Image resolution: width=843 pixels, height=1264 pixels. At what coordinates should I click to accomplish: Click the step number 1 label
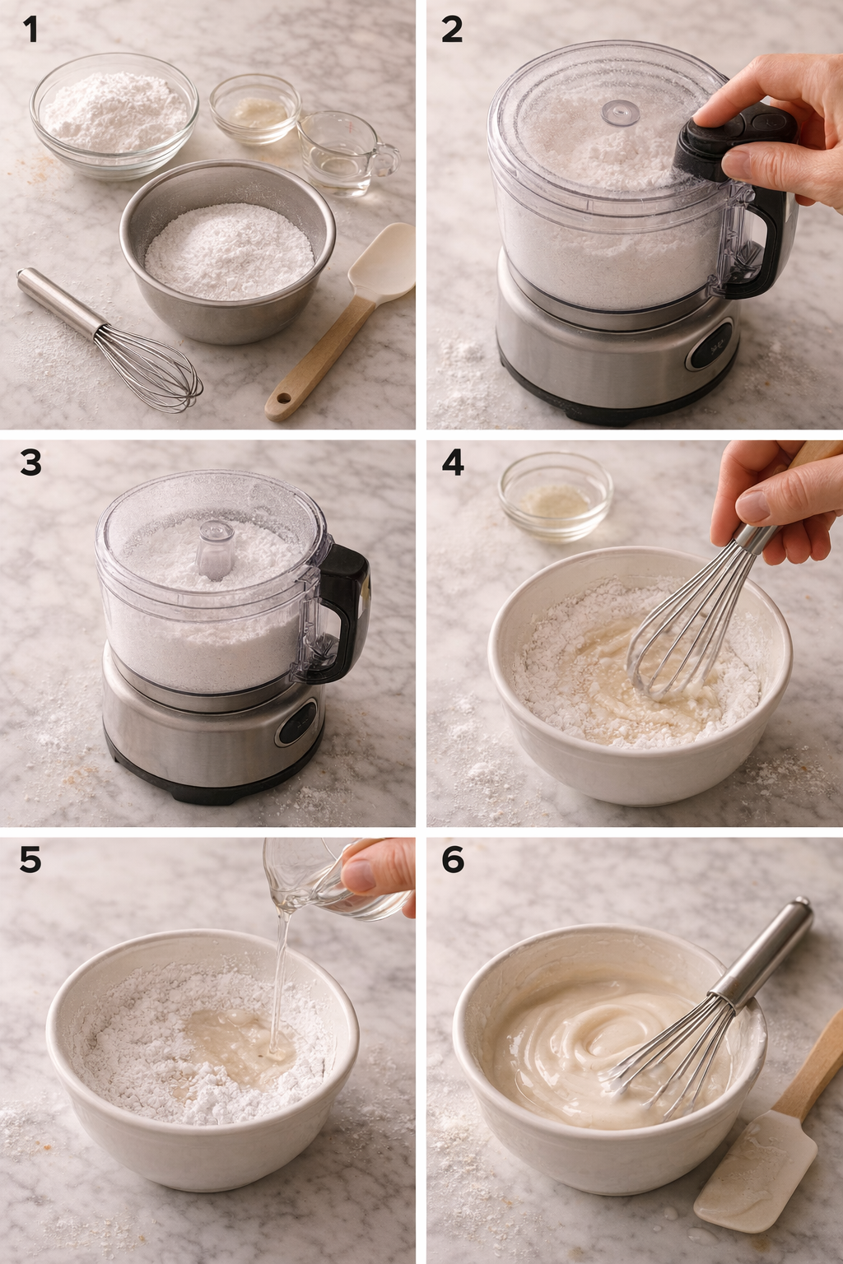pyautogui.click(x=30, y=30)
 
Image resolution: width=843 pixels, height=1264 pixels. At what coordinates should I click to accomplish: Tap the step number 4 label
pyautogui.click(x=453, y=463)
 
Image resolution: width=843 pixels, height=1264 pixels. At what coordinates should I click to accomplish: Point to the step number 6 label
pyautogui.click(x=453, y=860)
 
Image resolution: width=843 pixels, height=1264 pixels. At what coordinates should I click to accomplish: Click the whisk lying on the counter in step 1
pyautogui.click(x=115, y=342)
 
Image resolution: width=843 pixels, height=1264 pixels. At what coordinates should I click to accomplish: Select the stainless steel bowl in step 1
pyautogui.click(x=228, y=251)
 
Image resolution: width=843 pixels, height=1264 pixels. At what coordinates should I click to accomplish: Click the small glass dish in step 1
pyautogui.click(x=254, y=109)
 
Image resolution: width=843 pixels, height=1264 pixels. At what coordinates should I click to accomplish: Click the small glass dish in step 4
pyautogui.click(x=555, y=495)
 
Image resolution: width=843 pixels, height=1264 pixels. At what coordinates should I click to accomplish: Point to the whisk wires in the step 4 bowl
pyautogui.click(x=671, y=646)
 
